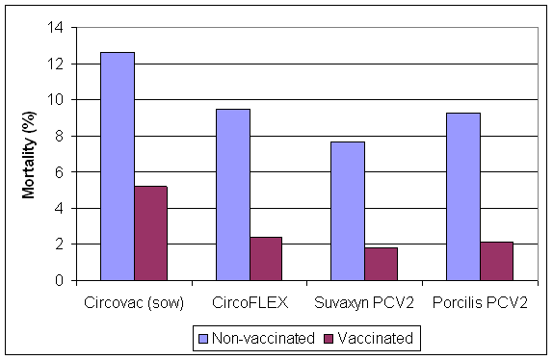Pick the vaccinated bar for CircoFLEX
[265, 258]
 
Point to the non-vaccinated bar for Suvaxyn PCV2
[347, 211]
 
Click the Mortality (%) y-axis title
[29, 154]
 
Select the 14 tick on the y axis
[56, 28]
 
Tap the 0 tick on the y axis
[60, 281]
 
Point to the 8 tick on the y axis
[60, 137]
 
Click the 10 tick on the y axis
[56, 100]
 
